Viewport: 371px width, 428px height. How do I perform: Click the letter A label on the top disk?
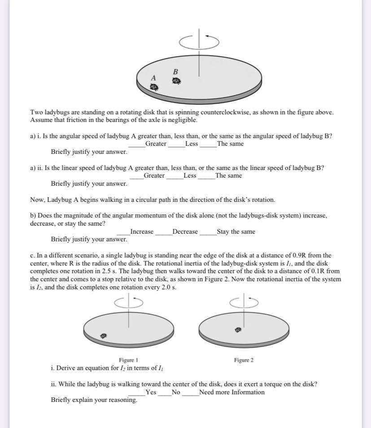(x=153, y=78)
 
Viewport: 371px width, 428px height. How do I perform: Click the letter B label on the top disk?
(x=175, y=71)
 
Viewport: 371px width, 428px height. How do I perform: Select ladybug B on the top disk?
(x=176, y=81)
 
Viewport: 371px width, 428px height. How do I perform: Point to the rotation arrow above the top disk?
(x=199, y=41)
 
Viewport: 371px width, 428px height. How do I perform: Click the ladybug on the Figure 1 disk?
(x=104, y=335)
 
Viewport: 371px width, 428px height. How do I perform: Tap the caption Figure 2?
(x=244, y=360)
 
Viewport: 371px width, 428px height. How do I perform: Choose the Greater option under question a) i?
(x=155, y=144)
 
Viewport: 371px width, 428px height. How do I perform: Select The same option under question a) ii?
(x=228, y=175)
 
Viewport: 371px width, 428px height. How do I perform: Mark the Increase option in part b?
(x=141, y=232)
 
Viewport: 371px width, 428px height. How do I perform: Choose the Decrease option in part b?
(x=185, y=232)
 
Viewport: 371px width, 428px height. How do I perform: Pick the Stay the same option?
(x=236, y=232)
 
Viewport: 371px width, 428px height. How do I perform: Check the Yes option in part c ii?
(x=151, y=392)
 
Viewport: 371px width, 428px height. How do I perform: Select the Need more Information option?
(x=231, y=392)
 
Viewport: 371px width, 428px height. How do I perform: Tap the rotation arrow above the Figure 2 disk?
(x=244, y=301)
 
